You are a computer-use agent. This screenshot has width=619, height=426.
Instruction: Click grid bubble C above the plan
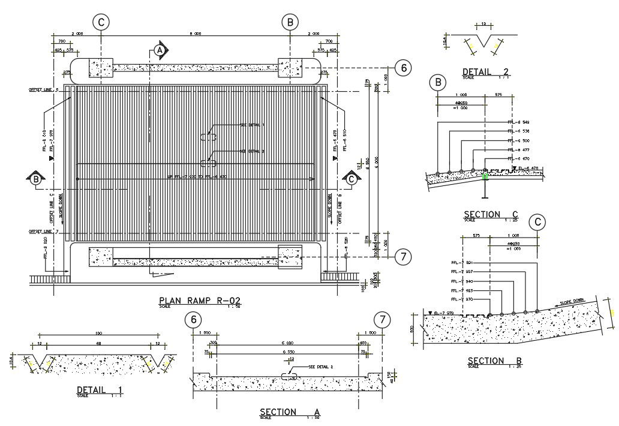pos(101,22)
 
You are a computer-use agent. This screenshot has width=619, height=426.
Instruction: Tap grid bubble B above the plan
pos(290,22)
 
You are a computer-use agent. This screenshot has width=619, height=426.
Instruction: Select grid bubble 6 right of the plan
pos(404,68)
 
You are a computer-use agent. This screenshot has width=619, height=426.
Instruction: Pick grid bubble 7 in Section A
pos(381,319)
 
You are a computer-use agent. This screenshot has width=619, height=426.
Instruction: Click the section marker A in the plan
pos(160,51)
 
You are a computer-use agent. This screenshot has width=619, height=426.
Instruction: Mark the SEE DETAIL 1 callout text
pos(252,125)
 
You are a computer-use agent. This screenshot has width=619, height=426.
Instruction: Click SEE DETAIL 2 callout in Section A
pos(320,366)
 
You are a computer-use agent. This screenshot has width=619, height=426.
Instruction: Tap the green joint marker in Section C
pos(486,176)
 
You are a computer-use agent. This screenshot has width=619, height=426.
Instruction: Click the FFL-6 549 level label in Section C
pos(518,122)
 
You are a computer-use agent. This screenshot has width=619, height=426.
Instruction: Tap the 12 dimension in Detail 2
pos(483,25)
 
